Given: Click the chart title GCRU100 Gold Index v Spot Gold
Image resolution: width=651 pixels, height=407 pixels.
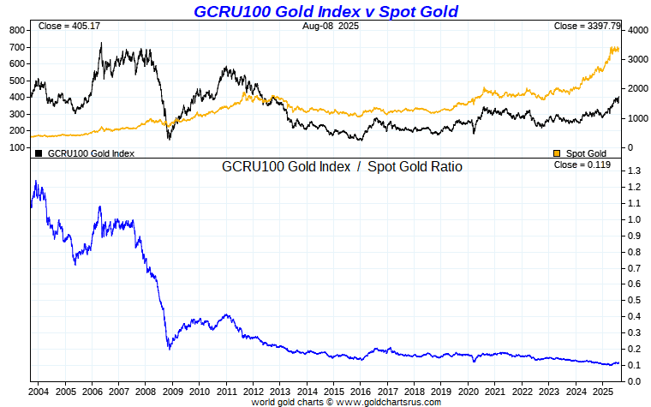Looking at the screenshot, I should pos(325,11).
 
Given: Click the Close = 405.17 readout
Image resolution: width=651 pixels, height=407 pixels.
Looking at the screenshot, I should pos(69,27).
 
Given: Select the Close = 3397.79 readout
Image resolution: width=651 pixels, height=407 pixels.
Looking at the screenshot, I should pos(582,27).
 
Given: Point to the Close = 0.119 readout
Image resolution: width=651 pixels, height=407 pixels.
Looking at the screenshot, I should pos(582,165).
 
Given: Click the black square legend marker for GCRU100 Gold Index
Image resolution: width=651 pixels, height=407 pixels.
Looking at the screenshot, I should pos(39,153).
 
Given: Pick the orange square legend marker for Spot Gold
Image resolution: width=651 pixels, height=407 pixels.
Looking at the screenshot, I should pos(557,153).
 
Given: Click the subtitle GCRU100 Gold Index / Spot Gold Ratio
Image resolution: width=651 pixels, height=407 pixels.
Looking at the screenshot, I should pos(342,167).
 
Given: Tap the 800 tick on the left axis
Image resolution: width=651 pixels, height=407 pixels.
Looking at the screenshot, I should pos(16,30).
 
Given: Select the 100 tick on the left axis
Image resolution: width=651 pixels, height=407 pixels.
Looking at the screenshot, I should pos(16,147).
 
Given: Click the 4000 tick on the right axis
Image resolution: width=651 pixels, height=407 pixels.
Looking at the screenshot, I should pos(636,30).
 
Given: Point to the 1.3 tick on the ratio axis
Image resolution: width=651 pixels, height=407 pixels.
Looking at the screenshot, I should pos(635,171).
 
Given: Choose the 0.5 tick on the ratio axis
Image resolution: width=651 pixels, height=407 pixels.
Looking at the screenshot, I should pos(635,301).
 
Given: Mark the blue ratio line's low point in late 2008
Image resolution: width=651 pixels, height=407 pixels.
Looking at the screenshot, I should pos(169,349).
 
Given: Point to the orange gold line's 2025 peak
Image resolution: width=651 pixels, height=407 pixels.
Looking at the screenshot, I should pos(613,47).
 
